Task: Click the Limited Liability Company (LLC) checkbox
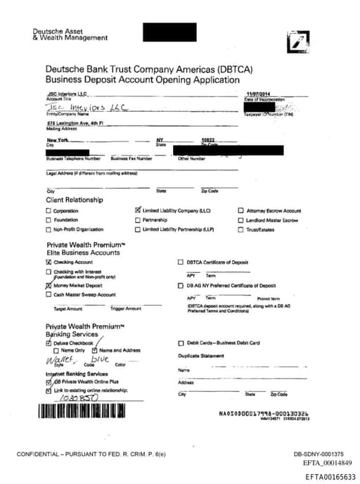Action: (x=138, y=210)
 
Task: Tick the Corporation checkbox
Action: (x=49, y=211)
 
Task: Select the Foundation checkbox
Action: (x=49, y=220)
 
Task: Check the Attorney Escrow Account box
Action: (x=240, y=210)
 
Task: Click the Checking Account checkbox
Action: (x=49, y=262)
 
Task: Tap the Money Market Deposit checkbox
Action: (x=49, y=286)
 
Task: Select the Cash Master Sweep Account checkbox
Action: (x=49, y=295)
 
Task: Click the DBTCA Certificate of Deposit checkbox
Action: (x=181, y=262)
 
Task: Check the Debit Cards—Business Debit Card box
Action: (x=181, y=343)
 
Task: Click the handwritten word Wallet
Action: (x=59, y=358)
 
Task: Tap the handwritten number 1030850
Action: (x=79, y=397)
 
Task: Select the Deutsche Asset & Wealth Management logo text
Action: (x=60, y=34)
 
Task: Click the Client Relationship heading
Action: (x=75, y=200)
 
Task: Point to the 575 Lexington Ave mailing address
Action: (x=75, y=123)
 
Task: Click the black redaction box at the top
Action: (x=169, y=32)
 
